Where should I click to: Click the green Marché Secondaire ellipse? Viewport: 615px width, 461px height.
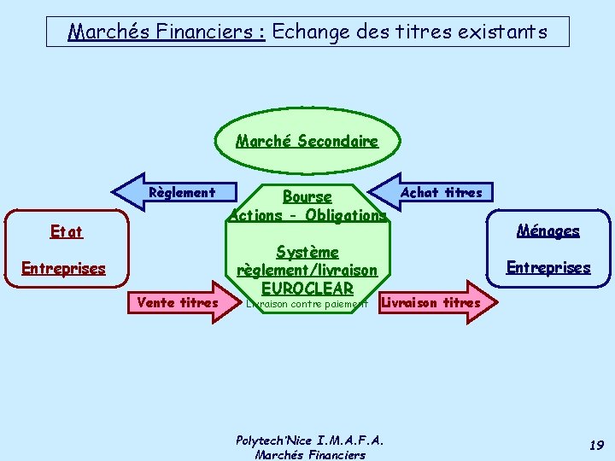(x=307, y=141)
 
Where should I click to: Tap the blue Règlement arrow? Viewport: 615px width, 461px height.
(x=171, y=192)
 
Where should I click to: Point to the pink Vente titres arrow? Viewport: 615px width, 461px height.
(x=184, y=302)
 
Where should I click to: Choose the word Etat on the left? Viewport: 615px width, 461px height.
(x=67, y=231)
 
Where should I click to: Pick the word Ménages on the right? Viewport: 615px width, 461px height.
(x=548, y=230)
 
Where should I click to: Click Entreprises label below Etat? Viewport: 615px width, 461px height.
(x=63, y=269)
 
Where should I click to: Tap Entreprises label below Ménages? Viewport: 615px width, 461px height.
(x=548, y=267)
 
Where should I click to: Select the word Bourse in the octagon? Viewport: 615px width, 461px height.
(x=307, y=197)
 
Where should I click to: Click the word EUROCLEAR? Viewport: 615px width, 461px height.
(x=307, y=288)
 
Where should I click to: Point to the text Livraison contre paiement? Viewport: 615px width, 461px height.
(x=306, y=303)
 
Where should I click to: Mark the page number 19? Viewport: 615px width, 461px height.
(x=596, y=446)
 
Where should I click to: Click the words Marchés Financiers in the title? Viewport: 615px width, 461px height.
(x=167, y=32)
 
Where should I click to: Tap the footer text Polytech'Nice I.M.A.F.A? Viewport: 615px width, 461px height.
(x=309, y=441)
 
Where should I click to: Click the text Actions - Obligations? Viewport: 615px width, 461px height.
(x=307, y=215)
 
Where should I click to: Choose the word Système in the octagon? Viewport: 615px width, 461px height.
(x=307, y=252)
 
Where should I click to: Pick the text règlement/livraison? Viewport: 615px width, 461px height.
(x=307, y=270)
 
